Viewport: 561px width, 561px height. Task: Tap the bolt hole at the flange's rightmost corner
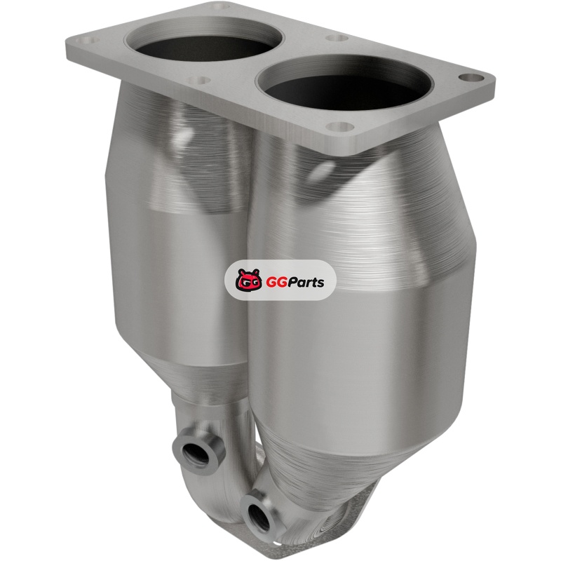point(470,78)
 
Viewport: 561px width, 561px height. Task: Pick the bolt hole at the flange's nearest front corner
point(339,126)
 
